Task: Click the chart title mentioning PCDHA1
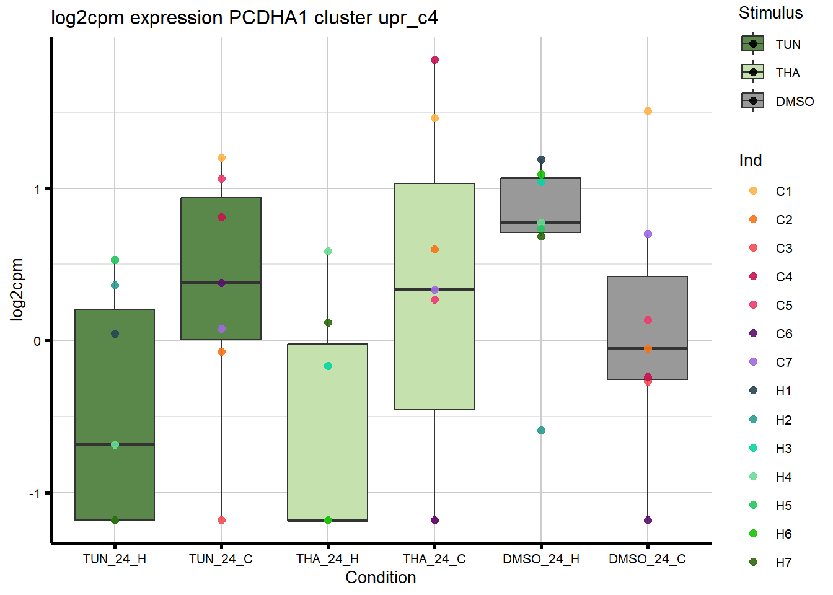pos(244,17)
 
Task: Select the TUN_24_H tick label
pos(115,559)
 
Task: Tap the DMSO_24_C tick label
pos(647,559)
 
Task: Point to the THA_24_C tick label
pos(434,559)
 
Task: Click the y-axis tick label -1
pos(34,493)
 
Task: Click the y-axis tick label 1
pos(37,189)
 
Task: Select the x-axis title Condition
pos(381,578)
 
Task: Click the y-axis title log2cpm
pos(17,289)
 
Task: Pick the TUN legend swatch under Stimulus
pos(753,43)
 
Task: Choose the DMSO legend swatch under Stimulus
pos(753,100)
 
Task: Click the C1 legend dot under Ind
pos(753,191)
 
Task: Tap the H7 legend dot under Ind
pos(753,562)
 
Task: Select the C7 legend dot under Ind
pos(753,362)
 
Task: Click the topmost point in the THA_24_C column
pos(434,60)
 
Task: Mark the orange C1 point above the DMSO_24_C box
pos(648,112)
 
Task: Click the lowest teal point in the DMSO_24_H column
pos(541,431)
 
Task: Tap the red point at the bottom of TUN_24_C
pos(221,520)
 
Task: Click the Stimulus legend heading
pos(770,13)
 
